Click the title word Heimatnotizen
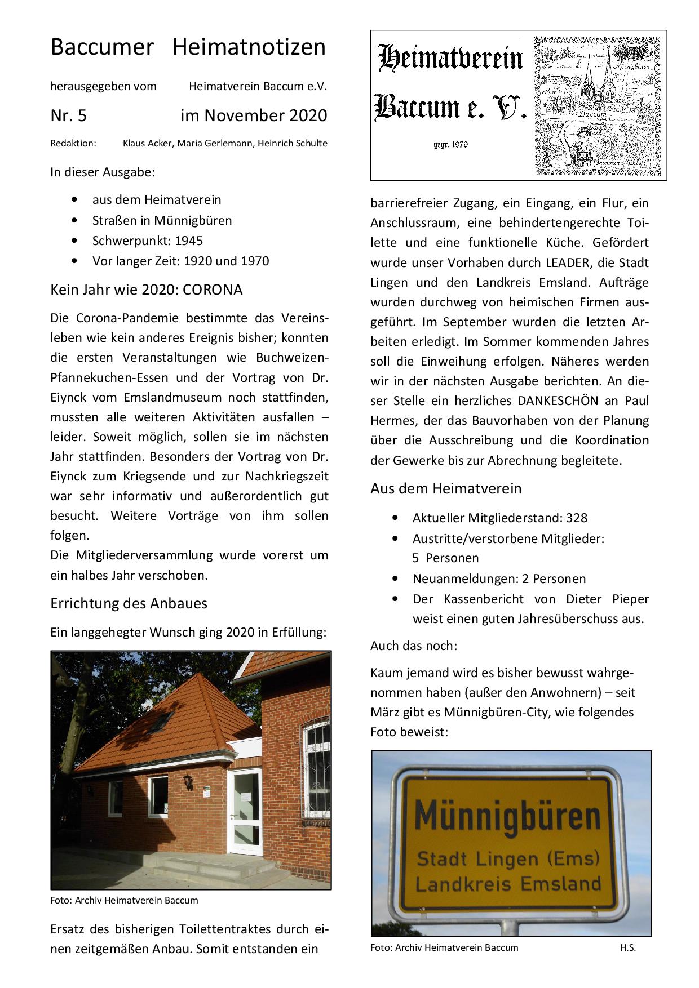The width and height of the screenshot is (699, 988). tap(249, 47)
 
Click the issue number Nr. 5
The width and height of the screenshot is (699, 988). tap(68, 115)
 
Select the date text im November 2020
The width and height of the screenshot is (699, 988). tap(254, 115)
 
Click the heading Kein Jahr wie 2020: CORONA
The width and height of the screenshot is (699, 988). tap(147, 290)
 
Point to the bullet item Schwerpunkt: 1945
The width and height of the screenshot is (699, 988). tap(147, 241)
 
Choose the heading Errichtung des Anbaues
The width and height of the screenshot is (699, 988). tap(129, 603)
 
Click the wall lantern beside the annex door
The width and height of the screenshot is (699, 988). tap(188, 782)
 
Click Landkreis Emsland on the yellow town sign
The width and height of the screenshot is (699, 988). tap(508, 883)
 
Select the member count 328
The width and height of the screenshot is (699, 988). tap(577, 518)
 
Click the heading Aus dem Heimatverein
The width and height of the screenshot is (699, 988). tap(446, 488)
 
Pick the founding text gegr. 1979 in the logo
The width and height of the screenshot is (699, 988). tap(450, 144)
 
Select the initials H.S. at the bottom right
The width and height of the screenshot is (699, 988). tap(627, 947)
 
